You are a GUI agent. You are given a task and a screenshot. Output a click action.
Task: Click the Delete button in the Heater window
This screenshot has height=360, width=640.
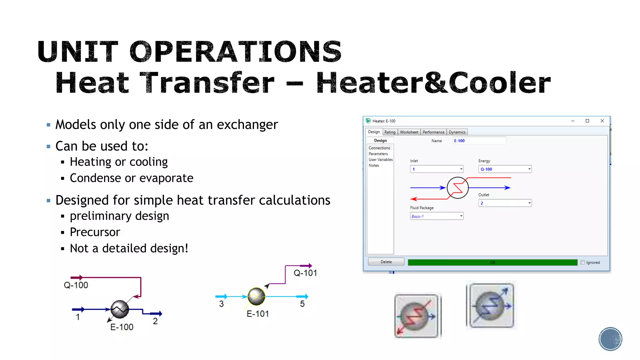tap(386, 262)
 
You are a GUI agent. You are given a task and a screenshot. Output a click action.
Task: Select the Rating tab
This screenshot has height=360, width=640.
tap(390, 132)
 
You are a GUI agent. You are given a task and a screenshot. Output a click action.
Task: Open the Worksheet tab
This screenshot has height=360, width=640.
tap(409, 132)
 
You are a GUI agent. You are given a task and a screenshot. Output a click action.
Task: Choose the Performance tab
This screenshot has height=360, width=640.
tap(433, 132)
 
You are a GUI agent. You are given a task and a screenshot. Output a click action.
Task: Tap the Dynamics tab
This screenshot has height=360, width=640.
tap(457, 132)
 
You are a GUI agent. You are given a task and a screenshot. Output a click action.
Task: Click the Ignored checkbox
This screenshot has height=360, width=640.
tap(582, 262)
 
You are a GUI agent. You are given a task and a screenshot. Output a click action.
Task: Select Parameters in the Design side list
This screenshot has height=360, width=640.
tap(378, 154)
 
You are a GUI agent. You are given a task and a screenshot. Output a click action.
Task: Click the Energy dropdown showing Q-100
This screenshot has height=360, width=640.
tap(505, 169)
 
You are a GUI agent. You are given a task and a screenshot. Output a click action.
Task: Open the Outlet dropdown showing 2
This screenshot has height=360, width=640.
tap(505, 203)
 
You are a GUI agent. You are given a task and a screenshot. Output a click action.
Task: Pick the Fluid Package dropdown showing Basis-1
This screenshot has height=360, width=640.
tap(437, 216)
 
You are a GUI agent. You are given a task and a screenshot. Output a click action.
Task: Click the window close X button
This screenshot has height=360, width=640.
tap(602, 121)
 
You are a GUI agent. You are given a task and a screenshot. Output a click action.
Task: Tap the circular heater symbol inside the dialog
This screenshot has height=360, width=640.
tap(457, 188)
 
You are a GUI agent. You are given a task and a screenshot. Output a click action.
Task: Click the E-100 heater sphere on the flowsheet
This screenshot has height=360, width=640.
tap(120, 309)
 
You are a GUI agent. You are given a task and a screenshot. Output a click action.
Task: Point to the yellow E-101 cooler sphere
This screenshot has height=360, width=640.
tap(256, 296)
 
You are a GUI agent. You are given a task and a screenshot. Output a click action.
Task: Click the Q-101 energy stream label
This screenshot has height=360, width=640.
tap(305, 273)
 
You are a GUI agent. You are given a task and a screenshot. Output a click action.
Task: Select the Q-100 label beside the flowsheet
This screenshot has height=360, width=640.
tap(76, 285)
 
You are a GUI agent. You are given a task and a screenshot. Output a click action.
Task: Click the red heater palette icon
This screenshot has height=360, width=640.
tap(417, 316)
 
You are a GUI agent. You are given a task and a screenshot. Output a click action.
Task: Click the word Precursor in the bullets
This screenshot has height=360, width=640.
tap(95, 232)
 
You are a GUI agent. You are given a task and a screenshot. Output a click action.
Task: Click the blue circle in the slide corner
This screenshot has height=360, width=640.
tap(610, 339)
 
